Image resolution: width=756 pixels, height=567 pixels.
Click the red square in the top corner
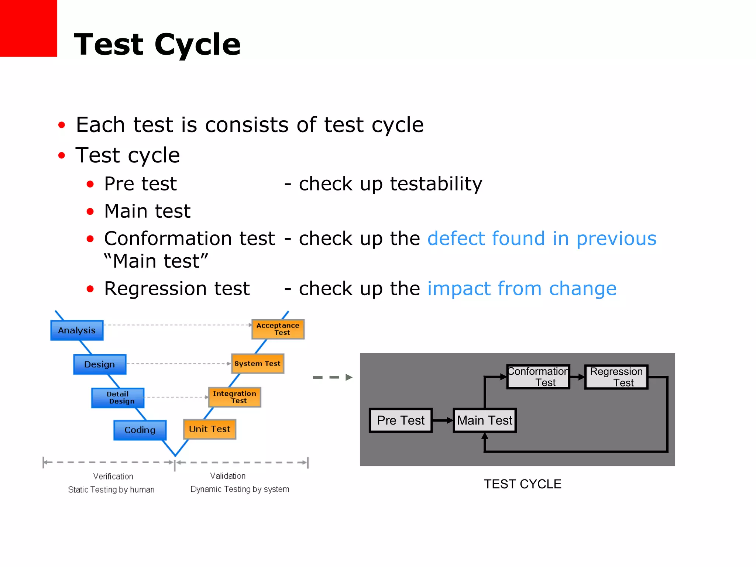tap(28, 28)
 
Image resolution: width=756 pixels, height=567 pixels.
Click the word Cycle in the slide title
tap(197, 45)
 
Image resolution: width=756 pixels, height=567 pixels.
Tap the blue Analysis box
tap(77, 330)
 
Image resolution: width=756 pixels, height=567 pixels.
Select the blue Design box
tap(100, 364)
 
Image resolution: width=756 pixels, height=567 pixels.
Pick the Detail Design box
tap(118, 398)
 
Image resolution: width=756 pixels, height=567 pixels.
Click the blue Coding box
tap(140, 430)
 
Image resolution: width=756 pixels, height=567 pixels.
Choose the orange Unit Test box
tap(210, 429)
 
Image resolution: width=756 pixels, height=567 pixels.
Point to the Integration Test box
tap(234, 397)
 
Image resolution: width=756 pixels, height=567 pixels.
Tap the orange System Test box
tap(257, 364)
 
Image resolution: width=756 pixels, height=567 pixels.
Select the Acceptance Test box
tap(278, 329)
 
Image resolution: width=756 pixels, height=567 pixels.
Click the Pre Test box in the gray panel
tap(401, 420)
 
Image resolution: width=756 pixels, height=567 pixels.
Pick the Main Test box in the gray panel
tap(484, 420)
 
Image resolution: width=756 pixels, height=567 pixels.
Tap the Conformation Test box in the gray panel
tap(538, 377)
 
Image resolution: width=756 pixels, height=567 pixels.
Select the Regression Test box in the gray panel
tap(616, 377)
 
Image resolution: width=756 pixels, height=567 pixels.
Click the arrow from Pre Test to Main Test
tap(443, 420)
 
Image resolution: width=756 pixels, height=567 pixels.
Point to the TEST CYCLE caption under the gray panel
tap(522, 484)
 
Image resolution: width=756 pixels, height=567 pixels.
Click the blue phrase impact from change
tap(522, 289)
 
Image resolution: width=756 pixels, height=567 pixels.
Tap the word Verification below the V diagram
tap(113, 476)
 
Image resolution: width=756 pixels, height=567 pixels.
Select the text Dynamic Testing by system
tap(240, 489)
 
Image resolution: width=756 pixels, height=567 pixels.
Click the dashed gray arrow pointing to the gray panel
tap(332, 377)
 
